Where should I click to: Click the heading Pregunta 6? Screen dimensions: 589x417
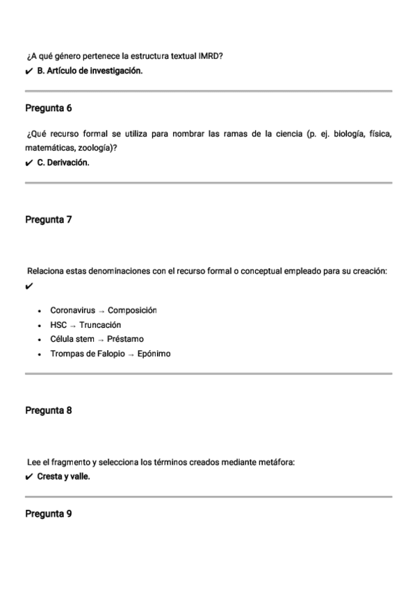pos(49,108)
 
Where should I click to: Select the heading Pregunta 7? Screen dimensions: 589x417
pos(49,219)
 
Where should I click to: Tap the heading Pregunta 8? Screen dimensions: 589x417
pos(49,410)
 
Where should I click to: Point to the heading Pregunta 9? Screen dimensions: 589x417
pos(49,515)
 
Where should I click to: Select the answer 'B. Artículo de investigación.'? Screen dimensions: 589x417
pos(90,71)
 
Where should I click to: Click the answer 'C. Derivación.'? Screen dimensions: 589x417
pos(64,163)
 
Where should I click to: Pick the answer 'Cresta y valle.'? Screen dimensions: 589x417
pos(64,476)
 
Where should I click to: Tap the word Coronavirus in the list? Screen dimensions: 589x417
pos(72,310)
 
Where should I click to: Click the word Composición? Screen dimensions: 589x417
pos(132,310)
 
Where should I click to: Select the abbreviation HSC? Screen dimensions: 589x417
pos(59,325)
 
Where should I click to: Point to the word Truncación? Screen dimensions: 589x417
pos(100,325)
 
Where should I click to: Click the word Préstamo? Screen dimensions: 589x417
pos(126,339)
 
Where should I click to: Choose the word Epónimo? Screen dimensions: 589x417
pos(154,354)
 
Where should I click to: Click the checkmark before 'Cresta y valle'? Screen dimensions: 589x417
pos(28,477)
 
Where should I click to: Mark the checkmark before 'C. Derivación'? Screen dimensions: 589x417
pos(28,163)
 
